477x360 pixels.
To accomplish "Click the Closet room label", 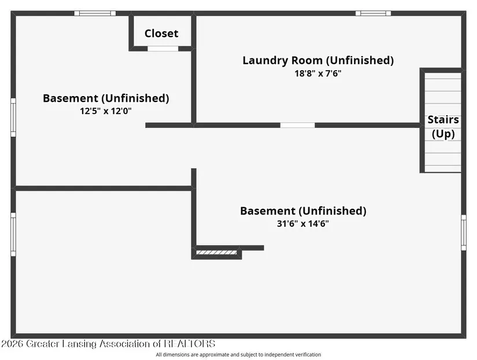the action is click(x=161, y=33).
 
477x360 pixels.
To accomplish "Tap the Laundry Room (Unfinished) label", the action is click(x=318, y=60).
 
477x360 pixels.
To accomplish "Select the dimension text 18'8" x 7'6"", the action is click(x=318, y=74).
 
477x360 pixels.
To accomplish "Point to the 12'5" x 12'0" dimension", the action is click(x=106, y=111).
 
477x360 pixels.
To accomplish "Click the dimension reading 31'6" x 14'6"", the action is click(x=303, y=223).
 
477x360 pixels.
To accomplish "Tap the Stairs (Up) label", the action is click(x=443, y=127).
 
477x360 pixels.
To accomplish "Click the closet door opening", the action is click(x=162, y=49).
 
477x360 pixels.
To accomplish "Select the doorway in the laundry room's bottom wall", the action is click(x=298, y=125).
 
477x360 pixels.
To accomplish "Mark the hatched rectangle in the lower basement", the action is click(x=216, y=252).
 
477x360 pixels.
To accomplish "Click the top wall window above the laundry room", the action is click(x=374, y=13).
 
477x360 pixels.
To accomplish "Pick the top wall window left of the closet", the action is click(x=95, y=13).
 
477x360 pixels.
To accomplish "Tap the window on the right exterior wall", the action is click(x=464, y=233).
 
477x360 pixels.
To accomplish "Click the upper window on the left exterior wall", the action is click(x=13, y=117).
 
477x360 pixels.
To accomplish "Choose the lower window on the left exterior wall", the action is click(x=13, y=234).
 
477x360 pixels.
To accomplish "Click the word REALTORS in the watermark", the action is click(x=190, y=344).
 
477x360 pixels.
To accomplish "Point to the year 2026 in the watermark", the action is click(x=13, y=344).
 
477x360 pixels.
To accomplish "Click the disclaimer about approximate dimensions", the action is click(x=238, y=355).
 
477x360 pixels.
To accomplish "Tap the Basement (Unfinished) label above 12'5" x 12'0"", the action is click(x=106, y=98).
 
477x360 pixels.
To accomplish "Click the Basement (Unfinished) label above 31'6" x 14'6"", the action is click(x=303, y=211).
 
